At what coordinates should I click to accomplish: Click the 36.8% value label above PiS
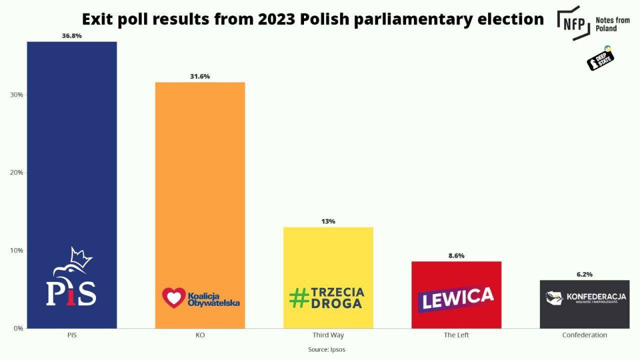71,36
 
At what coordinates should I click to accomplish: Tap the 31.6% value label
200,76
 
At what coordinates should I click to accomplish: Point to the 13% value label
328,221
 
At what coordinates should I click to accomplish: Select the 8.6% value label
456,255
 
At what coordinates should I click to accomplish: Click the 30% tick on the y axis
16,95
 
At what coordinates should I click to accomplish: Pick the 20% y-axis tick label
16,172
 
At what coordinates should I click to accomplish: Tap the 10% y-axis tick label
16,250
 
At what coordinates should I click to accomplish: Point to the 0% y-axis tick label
18,328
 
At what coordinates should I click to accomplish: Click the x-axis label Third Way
328,335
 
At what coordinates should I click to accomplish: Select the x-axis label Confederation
584,335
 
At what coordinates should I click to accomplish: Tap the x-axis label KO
200,335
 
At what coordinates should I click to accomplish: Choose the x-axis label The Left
456,335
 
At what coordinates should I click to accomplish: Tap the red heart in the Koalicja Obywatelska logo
173,297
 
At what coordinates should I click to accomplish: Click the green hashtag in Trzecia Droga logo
299,298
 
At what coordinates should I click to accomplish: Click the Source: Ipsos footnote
326,349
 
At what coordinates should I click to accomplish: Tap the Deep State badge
600,58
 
